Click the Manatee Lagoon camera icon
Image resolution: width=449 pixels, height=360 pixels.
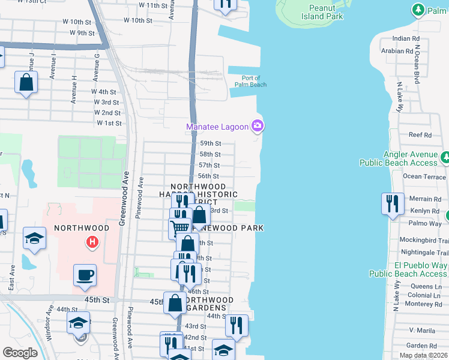pyautogui.click(x=258, y=125)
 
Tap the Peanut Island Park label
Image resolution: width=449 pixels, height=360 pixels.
pyautogui.click(x=325, y=12)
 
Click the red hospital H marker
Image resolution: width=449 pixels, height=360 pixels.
pyautogui.click(x=92, y=242)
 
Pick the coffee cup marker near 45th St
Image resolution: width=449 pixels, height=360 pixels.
pyautogui.click(x=85, y=275)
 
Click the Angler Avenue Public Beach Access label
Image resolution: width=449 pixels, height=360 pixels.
pyautogui.click(x=399, y=158)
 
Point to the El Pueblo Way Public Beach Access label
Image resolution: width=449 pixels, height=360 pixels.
pyautogui.click(x=408, y=269)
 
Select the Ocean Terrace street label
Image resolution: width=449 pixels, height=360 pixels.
pyautogui.click(x=424, y=176)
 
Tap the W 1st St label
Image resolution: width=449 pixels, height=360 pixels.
pyautogui.click(x=109, y=123)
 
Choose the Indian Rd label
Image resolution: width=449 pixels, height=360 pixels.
pyautogui.click(x=406, y=38)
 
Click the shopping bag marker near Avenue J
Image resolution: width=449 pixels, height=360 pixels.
pyautogui.click(x=26, y=83)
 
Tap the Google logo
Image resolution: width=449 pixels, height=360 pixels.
pyautogui.click(x=20, y=353)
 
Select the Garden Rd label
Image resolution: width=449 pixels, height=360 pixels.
pyautogui.click(x=421, y=346)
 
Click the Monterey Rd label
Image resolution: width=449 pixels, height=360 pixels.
pyautogui.click(x=424, y=304)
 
